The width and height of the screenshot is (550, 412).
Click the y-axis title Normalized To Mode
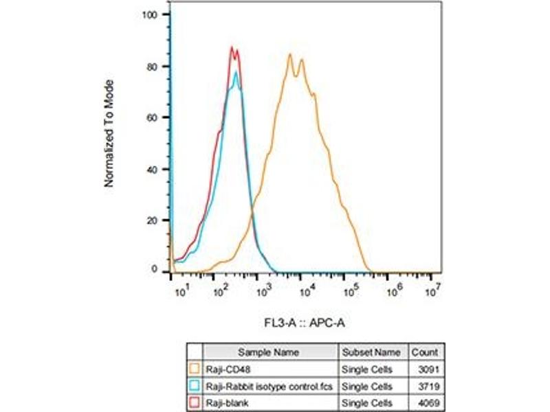109,133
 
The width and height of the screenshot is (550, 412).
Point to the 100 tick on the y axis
155,14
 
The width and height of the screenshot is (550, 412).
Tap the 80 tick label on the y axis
157,66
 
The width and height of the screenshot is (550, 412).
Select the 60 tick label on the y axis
157,117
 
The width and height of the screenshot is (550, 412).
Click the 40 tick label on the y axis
157,169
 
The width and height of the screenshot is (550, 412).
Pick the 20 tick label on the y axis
157,220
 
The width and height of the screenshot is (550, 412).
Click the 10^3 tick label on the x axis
262,292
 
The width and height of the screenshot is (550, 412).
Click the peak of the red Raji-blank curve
232,47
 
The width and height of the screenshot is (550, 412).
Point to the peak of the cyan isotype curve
236,72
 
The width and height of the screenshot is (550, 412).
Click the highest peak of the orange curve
290,54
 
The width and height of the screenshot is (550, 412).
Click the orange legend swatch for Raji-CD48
195,369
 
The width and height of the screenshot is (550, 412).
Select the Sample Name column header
268,352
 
